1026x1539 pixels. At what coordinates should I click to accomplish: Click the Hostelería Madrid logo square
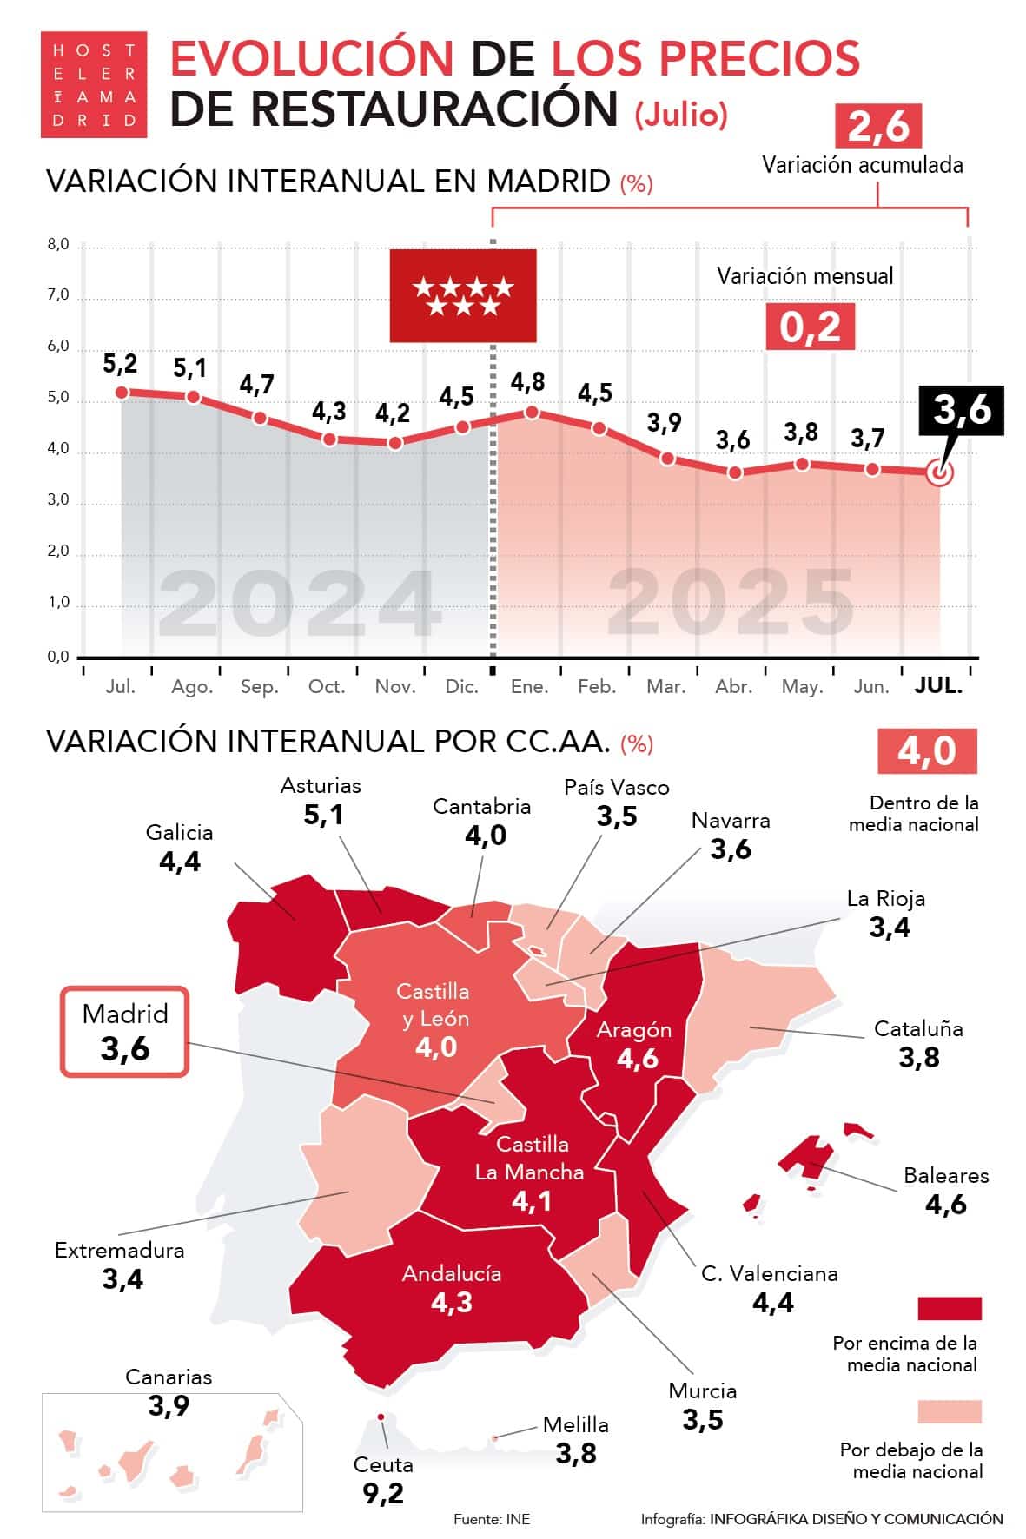pos(94,84)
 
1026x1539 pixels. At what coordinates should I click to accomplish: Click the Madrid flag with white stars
pos(462,295)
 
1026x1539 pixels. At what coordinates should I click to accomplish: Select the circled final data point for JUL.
pos(939,473)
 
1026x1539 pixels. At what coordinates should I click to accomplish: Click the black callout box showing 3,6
pos(961,410)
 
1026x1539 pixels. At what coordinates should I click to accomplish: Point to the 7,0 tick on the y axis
pos(58,295)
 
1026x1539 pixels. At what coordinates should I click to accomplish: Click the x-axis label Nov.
pos(395,687)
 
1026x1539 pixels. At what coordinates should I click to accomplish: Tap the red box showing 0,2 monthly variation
pos(810,327)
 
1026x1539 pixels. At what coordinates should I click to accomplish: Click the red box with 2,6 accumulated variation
pos(877,127)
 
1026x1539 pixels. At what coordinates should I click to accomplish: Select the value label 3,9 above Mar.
pos(664,423)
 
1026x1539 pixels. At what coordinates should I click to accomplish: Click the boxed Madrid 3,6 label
pos(124,1032)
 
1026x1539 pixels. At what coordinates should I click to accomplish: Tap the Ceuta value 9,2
pos(383,1493)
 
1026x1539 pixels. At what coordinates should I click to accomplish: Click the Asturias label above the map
pos(321,786)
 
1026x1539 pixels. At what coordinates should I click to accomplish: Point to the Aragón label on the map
pos(634,1030)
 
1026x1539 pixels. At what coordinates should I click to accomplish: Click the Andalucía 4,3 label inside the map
pos(452,1288)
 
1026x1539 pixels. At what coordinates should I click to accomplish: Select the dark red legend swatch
pos(950,1309)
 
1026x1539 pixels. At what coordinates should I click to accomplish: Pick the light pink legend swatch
pos(950,1411)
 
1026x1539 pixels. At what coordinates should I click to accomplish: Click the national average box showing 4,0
pos(927,750)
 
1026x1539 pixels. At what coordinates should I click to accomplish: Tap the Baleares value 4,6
pos(945,1205)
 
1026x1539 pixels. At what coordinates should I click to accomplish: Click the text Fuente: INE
pos(492,1519)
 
